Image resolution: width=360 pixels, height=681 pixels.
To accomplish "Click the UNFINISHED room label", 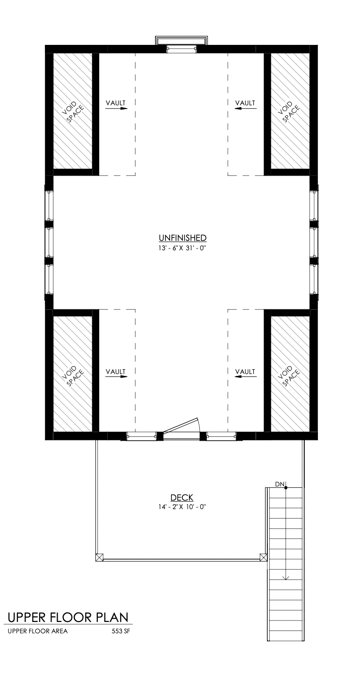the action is point(182,238).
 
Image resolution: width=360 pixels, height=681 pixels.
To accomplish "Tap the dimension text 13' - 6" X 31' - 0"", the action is point(182,248).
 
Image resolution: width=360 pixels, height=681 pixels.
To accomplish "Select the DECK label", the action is point(182,497).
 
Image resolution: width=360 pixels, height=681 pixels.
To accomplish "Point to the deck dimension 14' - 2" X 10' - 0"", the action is point(182,507).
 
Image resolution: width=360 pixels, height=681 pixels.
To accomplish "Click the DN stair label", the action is point(279,484).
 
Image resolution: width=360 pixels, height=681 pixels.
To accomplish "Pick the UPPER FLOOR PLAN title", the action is point(68,617).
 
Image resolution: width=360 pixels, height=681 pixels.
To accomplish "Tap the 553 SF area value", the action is point(121,631).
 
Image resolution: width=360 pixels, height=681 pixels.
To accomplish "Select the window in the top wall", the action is point(181,49).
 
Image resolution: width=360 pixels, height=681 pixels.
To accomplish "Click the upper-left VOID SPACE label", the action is point(73,111).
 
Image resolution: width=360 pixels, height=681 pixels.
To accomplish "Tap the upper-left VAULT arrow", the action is point(116,108).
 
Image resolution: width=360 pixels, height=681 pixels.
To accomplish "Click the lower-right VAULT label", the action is point(245,372).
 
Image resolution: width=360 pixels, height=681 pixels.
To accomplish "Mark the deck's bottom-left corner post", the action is point(99,557).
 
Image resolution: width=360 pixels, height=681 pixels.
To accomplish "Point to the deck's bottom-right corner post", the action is point(264,557).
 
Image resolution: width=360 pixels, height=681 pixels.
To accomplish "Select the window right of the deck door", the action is point(221,436).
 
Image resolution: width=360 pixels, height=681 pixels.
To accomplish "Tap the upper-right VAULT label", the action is point(245,103).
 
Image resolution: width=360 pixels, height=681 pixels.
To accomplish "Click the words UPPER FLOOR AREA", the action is point(38,631).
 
